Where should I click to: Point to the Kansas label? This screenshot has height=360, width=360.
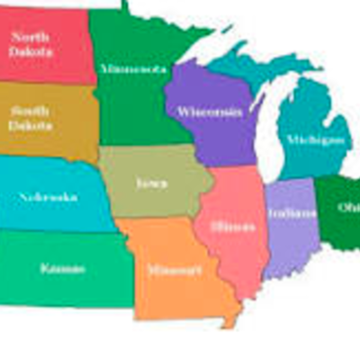pos(62,268)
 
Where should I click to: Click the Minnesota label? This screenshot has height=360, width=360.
pos(132,68)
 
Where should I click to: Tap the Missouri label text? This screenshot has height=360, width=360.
pos(168,269)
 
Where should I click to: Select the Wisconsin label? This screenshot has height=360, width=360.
pos(209,112)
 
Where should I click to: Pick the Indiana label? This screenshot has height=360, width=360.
pos(292,213)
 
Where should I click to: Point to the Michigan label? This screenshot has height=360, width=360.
pos(314,140)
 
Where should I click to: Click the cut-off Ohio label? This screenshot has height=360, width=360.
pos(349,208)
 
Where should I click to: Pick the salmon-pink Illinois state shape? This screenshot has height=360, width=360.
pos(236,256)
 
